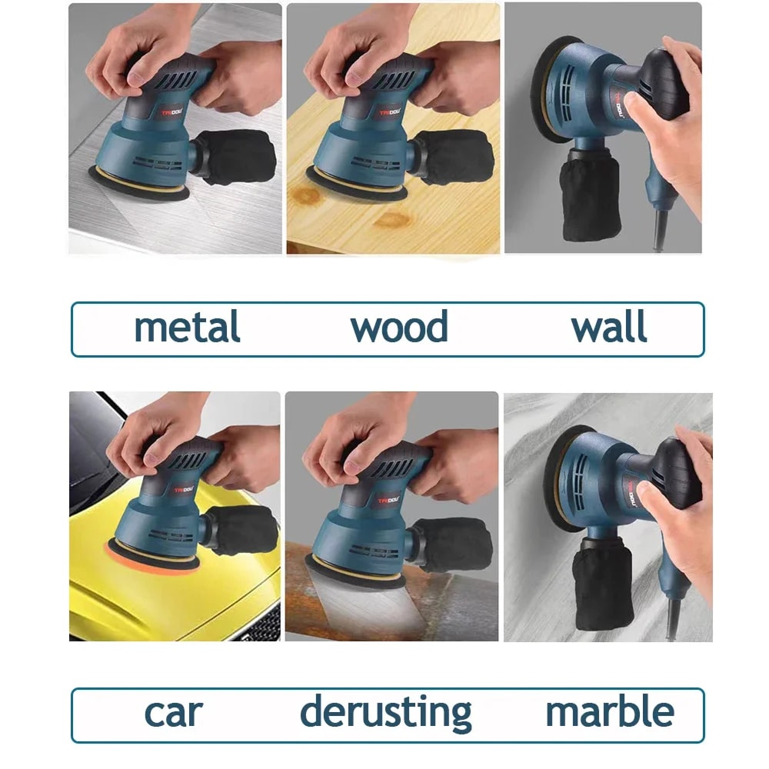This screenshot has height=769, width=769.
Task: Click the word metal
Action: pyautogui.click(x=187, y=327)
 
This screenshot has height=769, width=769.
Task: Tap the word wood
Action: pyautogui.click(x=399, y=327)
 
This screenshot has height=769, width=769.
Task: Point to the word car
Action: pyautogui.click(x=174, y=713)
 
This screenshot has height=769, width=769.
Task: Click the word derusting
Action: pyautogui.click(x=386, y=713)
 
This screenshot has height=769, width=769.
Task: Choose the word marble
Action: pyautogui.click(x=610, y=711)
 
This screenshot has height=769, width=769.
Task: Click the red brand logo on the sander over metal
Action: pyautogui.click(x=172, y=112)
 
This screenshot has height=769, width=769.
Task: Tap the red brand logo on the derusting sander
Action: pyautogui.click(x=389, y=501)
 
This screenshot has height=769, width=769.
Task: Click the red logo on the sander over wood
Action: pyautogui.click(x=390, y=113)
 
